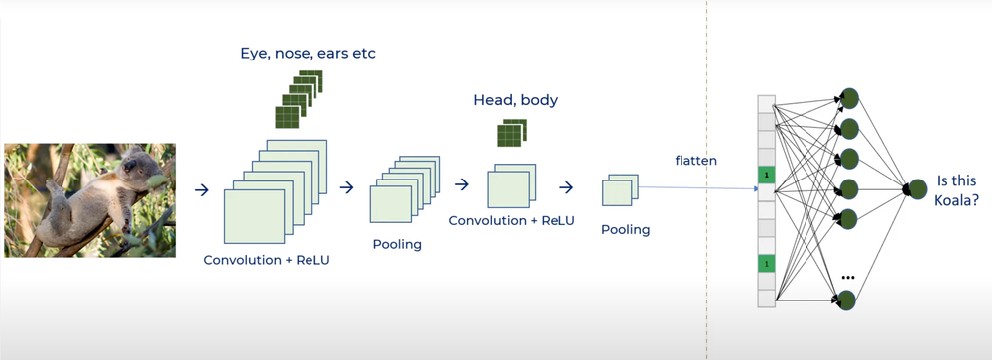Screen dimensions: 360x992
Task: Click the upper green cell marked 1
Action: (765, 176)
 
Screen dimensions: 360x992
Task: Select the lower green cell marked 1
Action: (765, 263)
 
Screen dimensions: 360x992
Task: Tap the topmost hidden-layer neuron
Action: (849, 98)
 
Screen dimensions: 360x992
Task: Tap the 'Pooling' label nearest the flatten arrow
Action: (626, 230)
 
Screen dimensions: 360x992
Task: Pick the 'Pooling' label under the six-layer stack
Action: (397, 244)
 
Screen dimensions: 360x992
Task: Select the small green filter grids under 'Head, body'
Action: (510, 133)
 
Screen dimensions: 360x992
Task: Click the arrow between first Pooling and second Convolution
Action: (461, 184)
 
